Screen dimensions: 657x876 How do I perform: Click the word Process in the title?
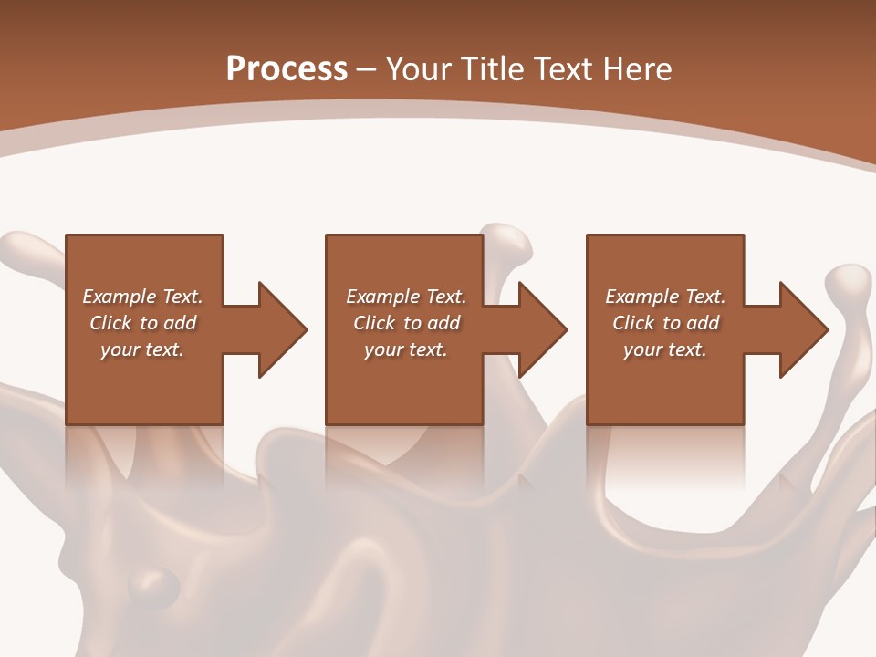[287, 69]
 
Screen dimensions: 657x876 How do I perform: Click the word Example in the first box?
[120, 297]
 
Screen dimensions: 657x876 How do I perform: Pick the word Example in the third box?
[642, 297]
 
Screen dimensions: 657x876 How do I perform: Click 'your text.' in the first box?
[142, 349]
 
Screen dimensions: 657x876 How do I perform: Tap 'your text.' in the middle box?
[405, 349]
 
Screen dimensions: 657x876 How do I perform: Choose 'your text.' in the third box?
[665, 349]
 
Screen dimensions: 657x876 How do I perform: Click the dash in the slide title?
[367, 69]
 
